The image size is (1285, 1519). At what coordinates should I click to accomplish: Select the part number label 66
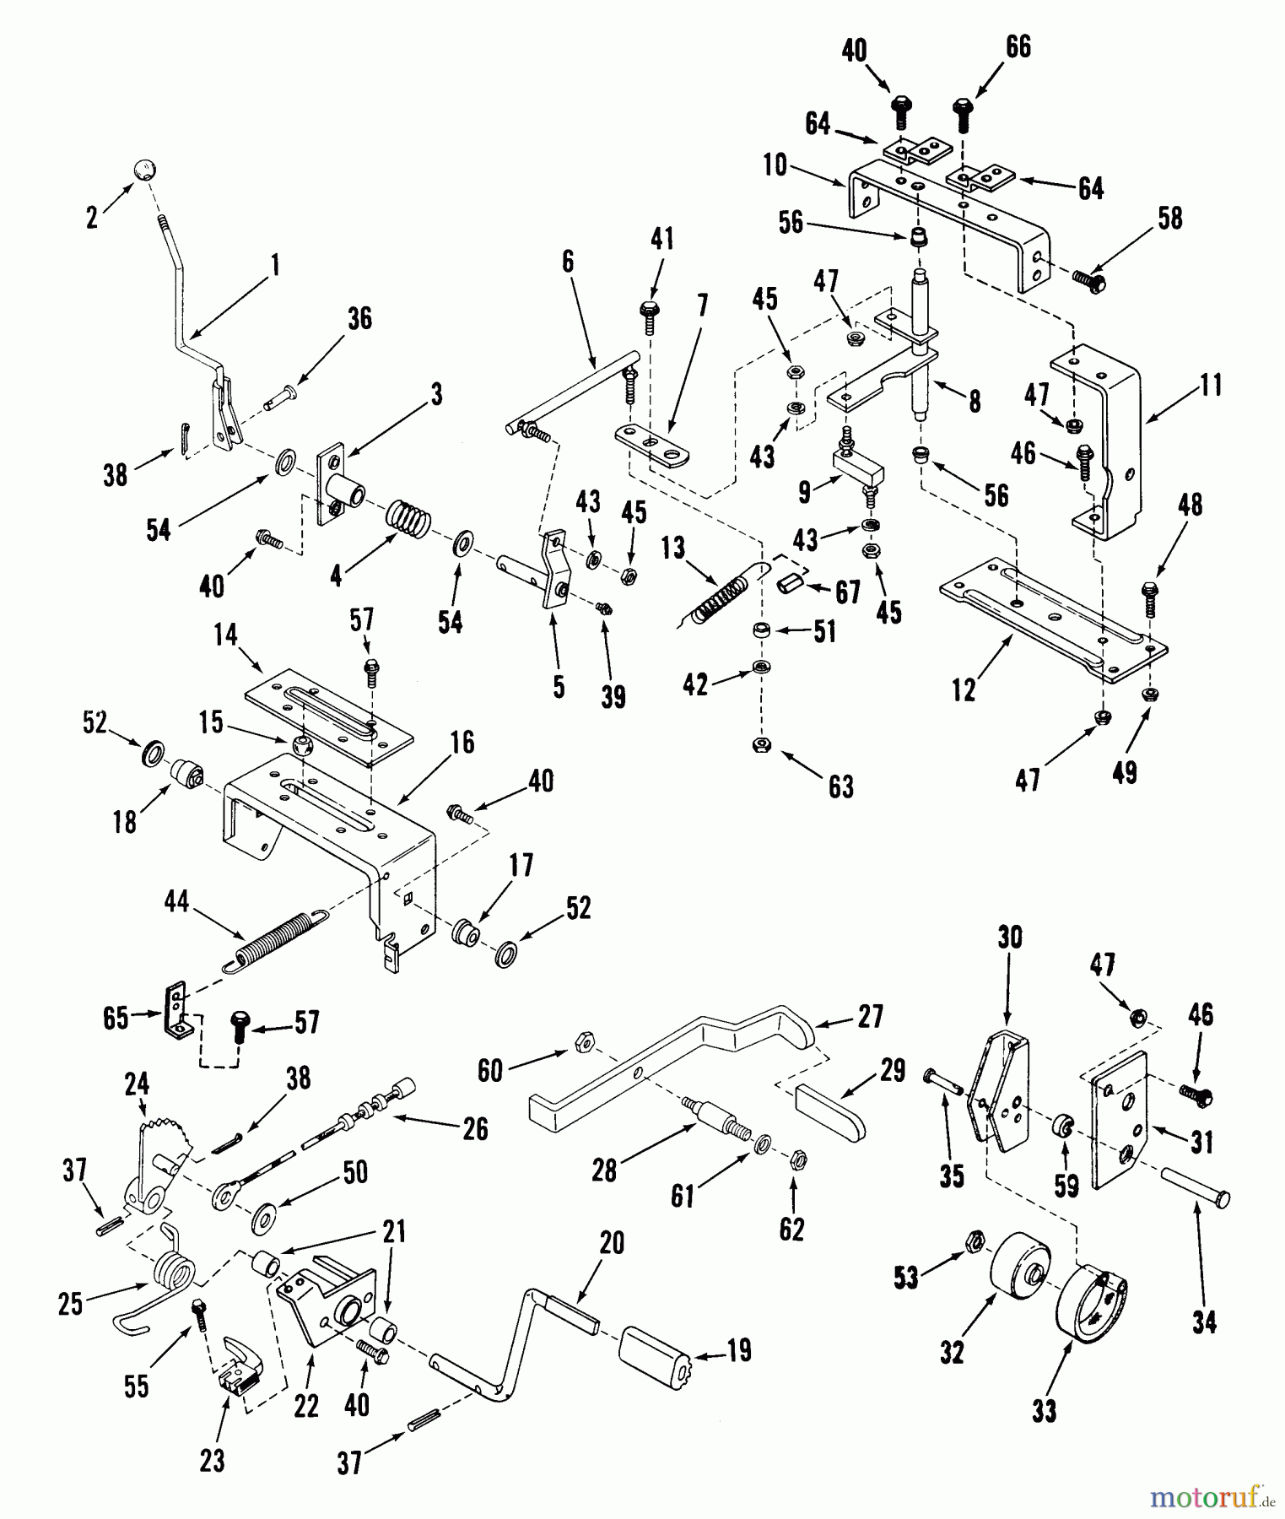[1018, 47]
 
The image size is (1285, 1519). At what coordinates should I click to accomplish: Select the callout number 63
[841, 787]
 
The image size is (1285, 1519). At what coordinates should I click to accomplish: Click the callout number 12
[964, 689]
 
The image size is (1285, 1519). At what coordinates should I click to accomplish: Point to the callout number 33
[1044, 1410]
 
